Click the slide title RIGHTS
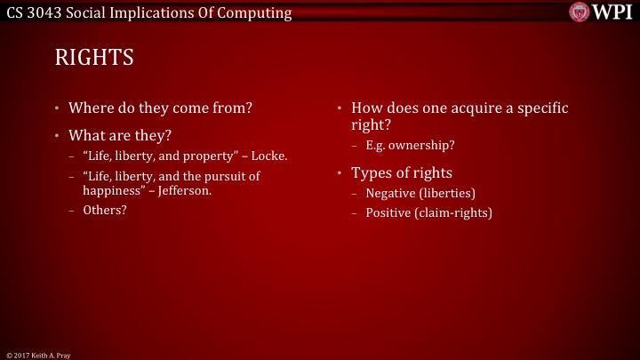pos(94,59)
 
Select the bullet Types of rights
pos(402,172)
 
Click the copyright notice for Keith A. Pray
pos(37,355)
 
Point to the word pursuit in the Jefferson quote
pos(222,177)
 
